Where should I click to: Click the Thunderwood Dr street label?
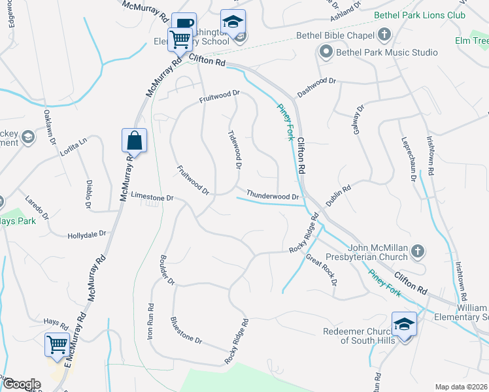[x=272, y=195]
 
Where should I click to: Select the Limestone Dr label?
[x=152, y=197]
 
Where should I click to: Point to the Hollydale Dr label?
[x=87, y=235]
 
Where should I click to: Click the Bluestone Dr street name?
[x=186, y=331]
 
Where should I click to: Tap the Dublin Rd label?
[x=339, y=195]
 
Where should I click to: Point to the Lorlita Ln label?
[x=73, y=147]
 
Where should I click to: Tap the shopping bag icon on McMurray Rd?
[x=134, y=140]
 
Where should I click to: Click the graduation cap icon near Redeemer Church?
[x=404, y=324]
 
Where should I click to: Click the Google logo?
[x=21, y=384]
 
